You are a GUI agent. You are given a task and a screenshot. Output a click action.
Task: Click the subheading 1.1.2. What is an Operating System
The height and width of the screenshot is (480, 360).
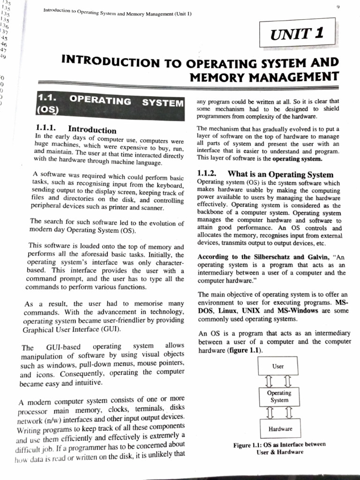265,174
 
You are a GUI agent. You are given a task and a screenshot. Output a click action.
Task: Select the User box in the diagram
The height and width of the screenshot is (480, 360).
278,366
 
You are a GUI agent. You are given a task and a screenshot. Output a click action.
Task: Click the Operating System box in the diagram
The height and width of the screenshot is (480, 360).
278,397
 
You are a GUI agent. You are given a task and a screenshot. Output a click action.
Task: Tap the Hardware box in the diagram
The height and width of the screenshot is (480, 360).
280,428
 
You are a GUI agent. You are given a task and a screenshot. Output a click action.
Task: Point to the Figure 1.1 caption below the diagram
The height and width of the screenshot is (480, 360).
279,448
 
